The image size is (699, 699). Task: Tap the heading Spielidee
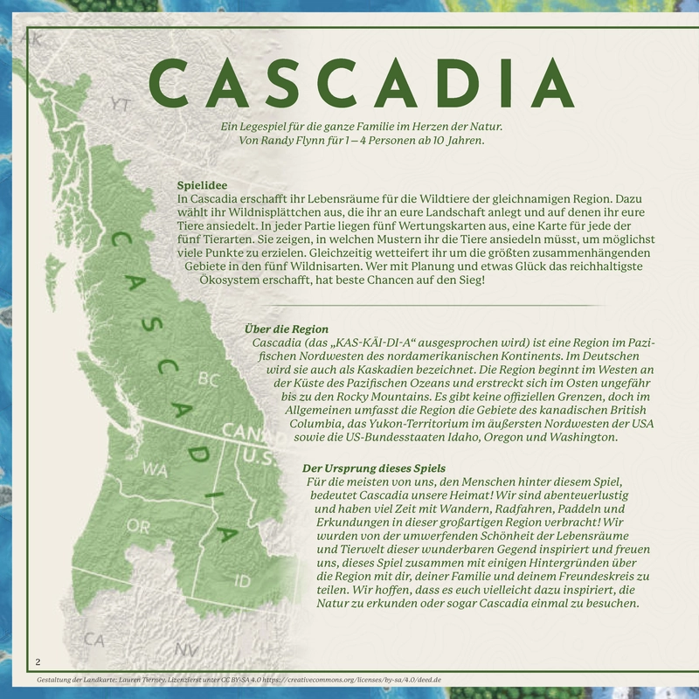point(202,186)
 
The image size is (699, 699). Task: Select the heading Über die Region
point(287,329)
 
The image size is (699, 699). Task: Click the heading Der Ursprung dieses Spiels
point(373,467)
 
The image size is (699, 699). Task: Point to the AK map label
point(32,40)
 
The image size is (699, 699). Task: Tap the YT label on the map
point(121,104)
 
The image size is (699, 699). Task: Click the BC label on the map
point(208,379)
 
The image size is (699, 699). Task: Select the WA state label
point(155,469)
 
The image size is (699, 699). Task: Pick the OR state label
point(138,526)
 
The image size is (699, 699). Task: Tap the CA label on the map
point(94,640)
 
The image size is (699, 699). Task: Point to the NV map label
point(185,649)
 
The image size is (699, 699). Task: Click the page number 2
point(38,660)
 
